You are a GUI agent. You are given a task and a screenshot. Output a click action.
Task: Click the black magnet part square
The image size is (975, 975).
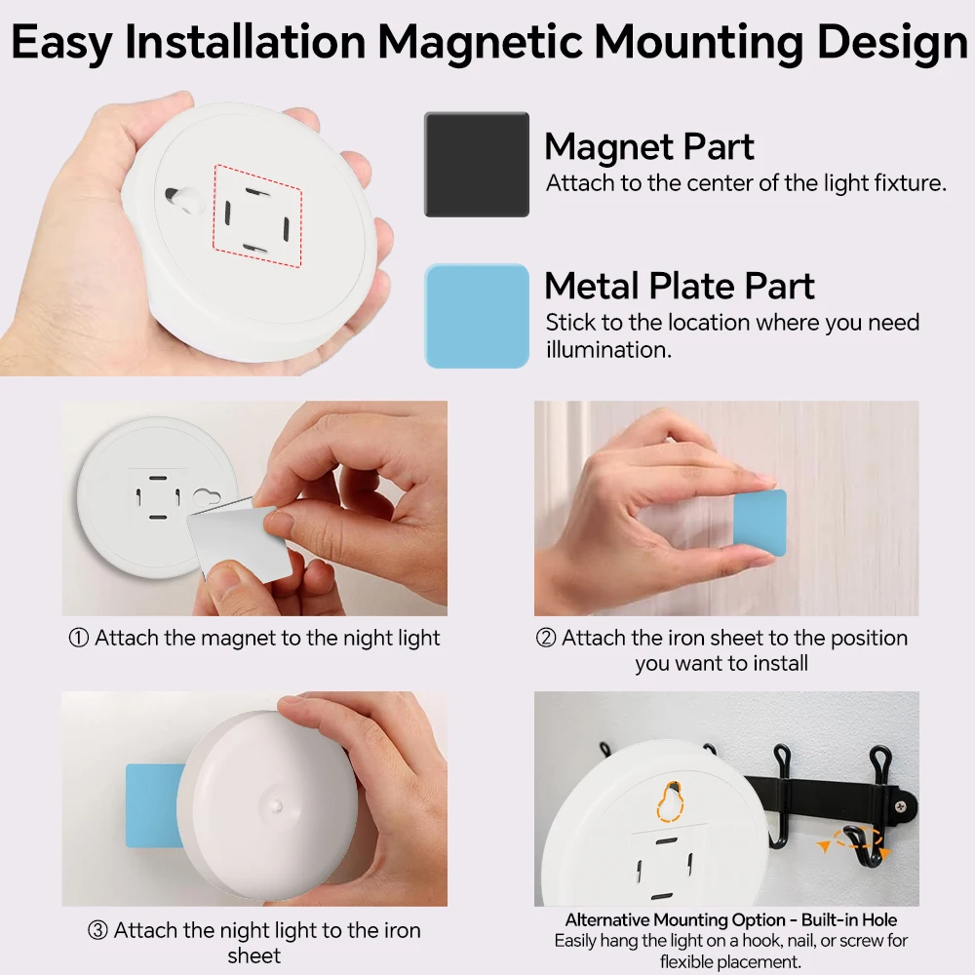[x=477, y=164]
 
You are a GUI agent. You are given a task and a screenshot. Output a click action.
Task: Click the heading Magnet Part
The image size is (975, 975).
[x=649, y=147]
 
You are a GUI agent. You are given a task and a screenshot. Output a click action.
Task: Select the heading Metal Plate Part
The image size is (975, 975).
[x=680, y=286]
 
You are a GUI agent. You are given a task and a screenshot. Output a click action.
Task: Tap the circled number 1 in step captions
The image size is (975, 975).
[x=79, y=639]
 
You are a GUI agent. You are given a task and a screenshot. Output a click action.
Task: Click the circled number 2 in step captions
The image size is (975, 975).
[x=546, y=639]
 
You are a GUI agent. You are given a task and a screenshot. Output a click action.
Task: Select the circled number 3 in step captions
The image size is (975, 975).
[x=97, y=930]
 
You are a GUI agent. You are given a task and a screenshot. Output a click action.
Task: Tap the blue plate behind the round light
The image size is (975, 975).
[x=154, y=805]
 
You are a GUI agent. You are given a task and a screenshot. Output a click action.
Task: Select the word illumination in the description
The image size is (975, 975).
[x=608, y=350]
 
